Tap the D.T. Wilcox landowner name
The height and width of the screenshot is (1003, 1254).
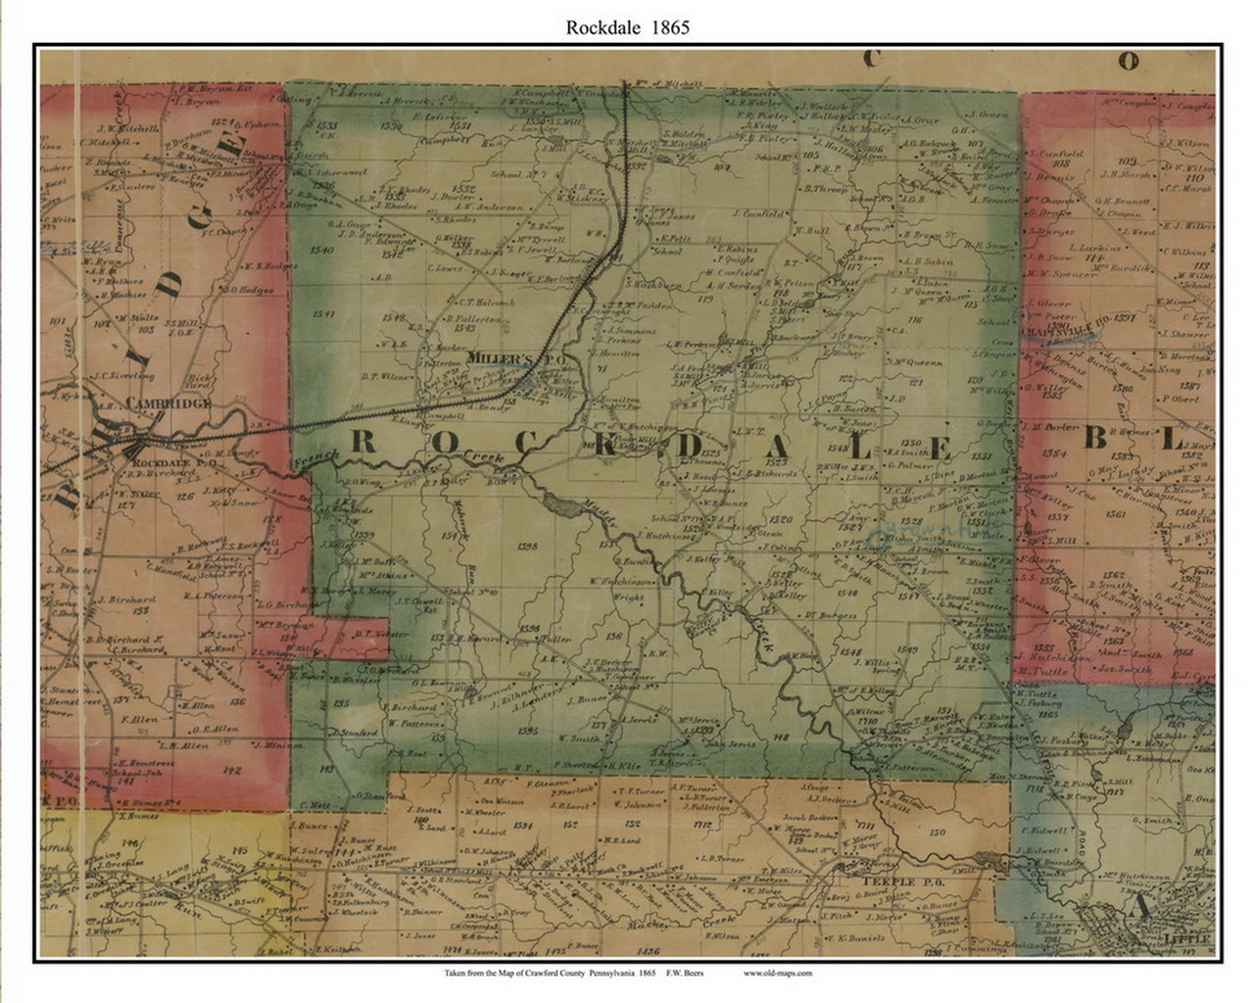[383, 374]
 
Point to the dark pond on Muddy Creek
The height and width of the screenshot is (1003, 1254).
[560, 505]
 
